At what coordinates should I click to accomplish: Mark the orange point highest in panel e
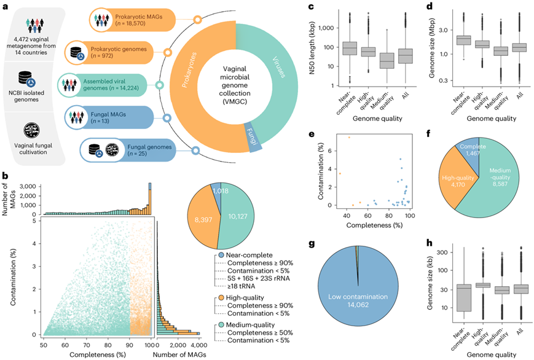tap(349, 137)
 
